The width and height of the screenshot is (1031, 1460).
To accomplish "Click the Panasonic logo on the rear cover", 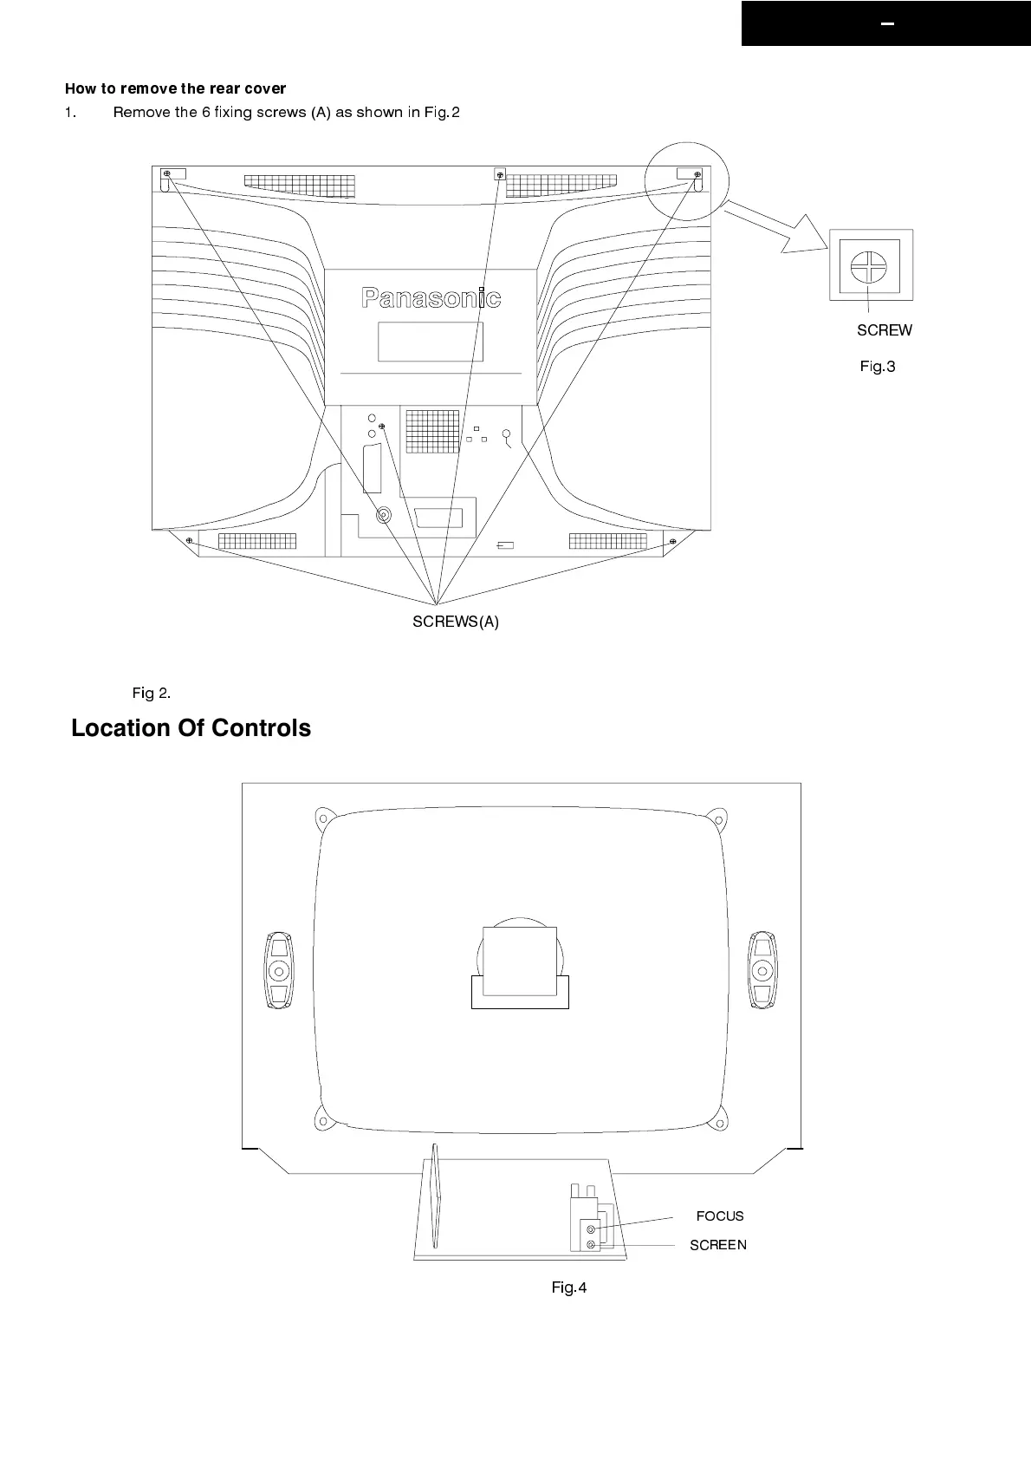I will [x=431, y=298].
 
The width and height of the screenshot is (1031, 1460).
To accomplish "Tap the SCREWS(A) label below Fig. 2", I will [x=455, y=622].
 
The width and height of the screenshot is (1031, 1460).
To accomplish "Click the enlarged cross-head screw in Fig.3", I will [x=868, y=267].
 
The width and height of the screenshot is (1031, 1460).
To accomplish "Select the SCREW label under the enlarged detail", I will [x=884, y=330].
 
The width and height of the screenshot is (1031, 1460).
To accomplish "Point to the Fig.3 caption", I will [x=877, y=367].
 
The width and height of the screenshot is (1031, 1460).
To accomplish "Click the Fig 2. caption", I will [x=151, y=693].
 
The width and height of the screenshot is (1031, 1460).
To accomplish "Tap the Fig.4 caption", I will [x=568, y=1287].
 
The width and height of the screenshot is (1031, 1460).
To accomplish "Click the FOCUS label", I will [x=719, y=1216].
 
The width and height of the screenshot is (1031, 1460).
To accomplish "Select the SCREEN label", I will [x=717, y=1245].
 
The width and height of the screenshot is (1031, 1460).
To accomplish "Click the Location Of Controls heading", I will [x=191, y=728].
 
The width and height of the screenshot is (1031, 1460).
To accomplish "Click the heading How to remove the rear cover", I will [x=175, y=88].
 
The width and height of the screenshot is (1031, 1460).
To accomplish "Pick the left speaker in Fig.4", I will [x=278, y=970].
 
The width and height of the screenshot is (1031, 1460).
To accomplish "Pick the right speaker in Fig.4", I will [x=762, y=970].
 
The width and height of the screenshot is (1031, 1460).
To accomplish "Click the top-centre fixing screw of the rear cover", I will [x=499, y=173].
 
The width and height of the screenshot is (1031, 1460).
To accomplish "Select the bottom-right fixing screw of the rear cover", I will [x=673, y=542].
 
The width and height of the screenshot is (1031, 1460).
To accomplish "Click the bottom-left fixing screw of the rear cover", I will [x=189, y=541].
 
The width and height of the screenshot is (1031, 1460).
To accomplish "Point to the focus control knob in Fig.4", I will [x=591, y=1229].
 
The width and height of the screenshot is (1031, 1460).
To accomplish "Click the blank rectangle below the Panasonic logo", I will [x=430, y=342].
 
